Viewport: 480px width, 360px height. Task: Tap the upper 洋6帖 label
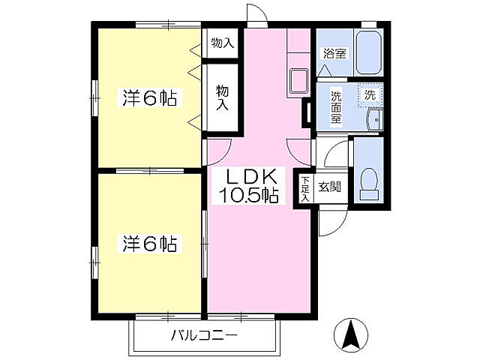click(x=149, y=98)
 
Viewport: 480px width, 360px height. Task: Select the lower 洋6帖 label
click(x=149, y=244)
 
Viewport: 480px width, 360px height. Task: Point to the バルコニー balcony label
click(x=203, y=334)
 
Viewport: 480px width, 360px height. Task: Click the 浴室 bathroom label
click(x=334, y=54)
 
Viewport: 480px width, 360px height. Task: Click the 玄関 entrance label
click(x=329, y=187)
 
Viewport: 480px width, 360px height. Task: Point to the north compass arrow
click(x=350, y=334)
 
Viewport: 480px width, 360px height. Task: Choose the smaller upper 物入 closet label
click(x=222, y=43)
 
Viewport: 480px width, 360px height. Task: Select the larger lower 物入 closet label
click(x=222, y=97)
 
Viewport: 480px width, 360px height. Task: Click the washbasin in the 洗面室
click(x=374, y=118)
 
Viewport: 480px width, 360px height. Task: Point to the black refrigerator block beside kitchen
click(x=305, y=112)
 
